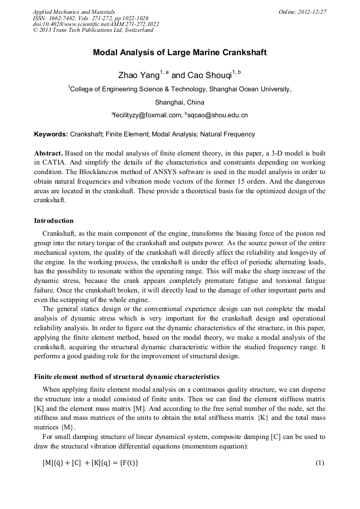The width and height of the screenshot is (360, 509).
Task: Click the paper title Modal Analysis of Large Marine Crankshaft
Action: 179,53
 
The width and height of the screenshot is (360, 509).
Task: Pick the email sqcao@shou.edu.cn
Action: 218,115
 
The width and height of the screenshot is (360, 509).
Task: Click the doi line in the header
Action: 96,24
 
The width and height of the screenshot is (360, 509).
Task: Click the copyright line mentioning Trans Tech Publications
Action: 93,30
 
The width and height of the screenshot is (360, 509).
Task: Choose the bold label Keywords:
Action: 51,134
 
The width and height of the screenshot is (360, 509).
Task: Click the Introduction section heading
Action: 54,221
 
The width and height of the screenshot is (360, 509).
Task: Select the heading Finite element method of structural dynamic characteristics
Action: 126,377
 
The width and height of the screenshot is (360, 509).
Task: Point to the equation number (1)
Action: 320,463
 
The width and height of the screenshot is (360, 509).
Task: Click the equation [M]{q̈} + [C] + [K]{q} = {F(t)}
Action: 90,463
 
